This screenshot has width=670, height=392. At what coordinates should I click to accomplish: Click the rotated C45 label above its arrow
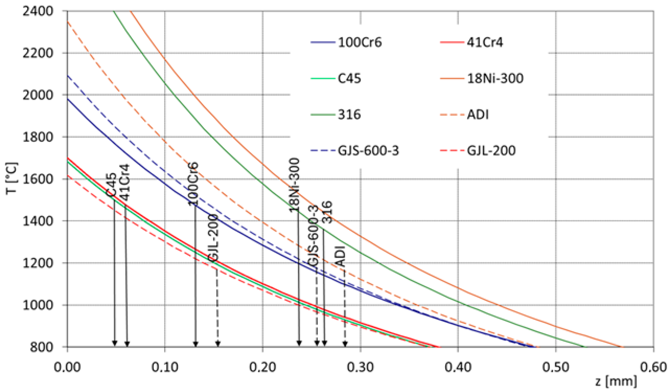(x=111, y=184)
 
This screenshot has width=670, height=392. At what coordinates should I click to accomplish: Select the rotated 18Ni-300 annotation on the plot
(x=295, y=185)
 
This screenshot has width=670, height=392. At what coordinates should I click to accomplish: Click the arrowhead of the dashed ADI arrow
(x=345, y=344)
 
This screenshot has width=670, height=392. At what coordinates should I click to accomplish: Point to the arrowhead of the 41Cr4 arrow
(x=127, y=344)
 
